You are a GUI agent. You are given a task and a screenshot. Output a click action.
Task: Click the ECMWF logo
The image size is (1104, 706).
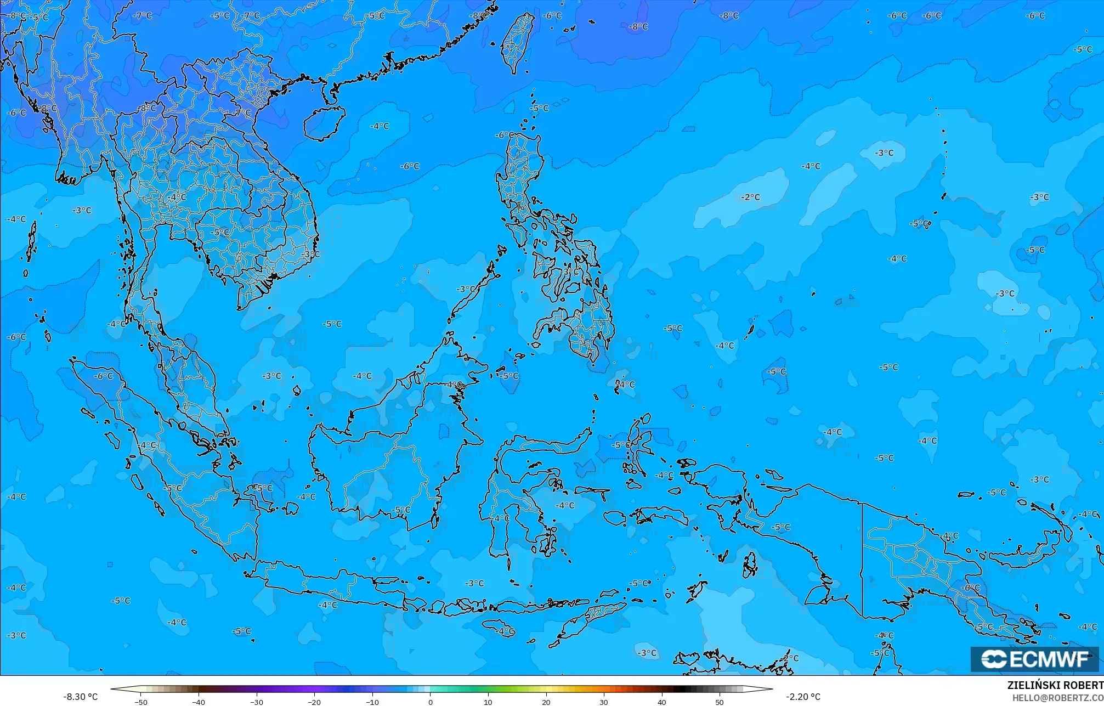1034,659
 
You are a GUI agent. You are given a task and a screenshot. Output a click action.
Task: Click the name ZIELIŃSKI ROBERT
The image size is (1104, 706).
1055,685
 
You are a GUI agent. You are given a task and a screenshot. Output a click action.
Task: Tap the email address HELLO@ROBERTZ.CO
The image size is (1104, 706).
1057,697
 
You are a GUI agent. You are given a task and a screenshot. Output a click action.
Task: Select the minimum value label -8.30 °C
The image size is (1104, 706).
80,697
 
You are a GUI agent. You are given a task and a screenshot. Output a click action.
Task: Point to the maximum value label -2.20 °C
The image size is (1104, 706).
803,697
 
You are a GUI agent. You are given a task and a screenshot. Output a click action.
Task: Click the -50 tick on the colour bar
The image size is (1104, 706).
141,702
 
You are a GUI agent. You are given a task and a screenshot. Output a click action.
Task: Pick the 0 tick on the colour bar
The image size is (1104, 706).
431,702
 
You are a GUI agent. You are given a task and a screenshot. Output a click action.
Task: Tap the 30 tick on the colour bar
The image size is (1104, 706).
604,702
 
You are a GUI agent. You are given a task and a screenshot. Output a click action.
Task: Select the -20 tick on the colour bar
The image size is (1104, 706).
314,702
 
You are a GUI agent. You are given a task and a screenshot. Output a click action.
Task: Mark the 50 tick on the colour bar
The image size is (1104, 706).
720,702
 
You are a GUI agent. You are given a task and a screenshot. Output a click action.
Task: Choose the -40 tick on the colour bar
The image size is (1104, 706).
199,702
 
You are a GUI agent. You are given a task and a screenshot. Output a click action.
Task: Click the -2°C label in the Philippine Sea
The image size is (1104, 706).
750,197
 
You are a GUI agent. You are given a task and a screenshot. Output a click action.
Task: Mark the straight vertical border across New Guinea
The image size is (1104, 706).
862,560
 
